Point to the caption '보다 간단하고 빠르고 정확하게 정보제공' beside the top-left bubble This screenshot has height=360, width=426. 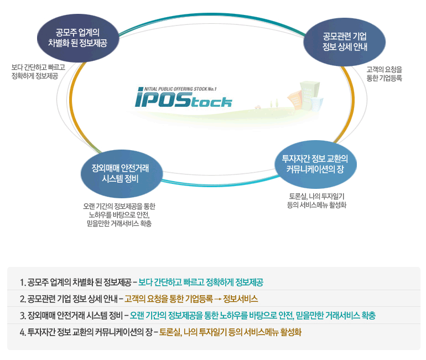[38, 71]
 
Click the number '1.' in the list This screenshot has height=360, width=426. [22, 282]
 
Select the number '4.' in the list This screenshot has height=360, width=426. [22, 332]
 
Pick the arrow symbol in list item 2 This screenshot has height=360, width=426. [217, 300]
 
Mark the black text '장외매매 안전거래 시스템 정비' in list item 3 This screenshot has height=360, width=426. [75, 316]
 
